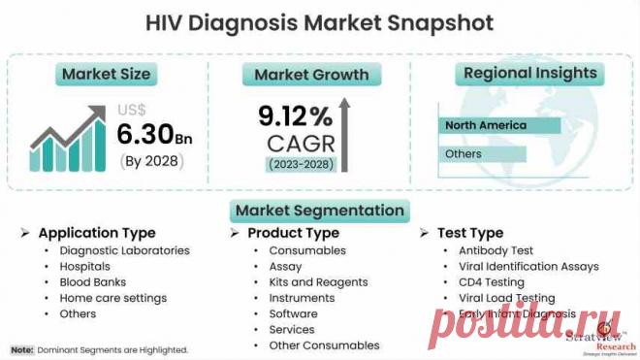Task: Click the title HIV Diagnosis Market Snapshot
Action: point(319,21)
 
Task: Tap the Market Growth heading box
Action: point(311,75)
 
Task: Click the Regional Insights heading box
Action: point(529,73)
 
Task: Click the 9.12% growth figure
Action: point(295,117)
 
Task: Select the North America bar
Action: point(499,126)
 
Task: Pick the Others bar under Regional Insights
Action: point(482,154)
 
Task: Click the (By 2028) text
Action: point(151,160)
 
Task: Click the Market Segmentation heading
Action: point(318,211)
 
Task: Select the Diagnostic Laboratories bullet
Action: point(123,250)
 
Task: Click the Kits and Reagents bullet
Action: point(318,282)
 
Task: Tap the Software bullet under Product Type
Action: point(293,313)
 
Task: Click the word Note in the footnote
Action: point(22,348)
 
